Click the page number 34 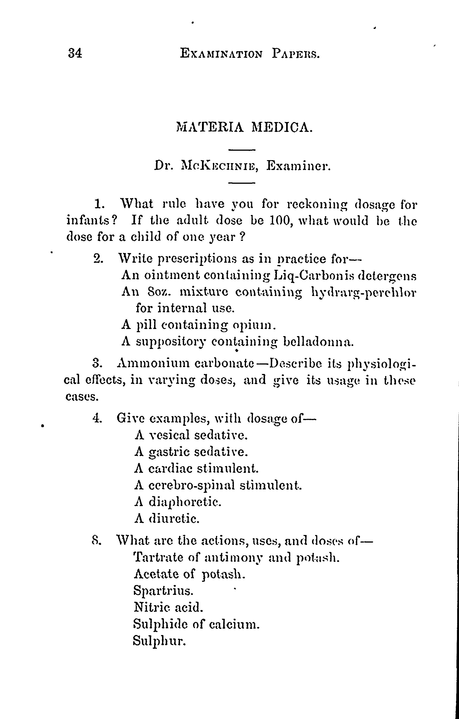(75, 53)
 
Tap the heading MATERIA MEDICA (244, 127)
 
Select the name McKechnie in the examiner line (220, 166)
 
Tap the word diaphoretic (185, 502)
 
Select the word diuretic (174, 519)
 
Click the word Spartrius (163, 591)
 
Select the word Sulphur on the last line (159, 641)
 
